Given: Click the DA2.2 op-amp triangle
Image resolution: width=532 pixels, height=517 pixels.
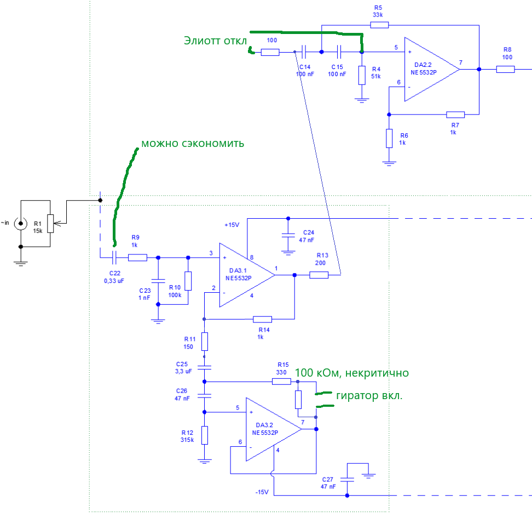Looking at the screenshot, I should click(x=430, y=69).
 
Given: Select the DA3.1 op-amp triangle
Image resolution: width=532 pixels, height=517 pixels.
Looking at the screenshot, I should click(x=245, y=275).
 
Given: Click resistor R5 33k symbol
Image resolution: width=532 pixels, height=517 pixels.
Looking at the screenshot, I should click(x=379, y=25).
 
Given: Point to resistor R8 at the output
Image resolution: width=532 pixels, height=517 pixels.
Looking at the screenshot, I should click(x=506, y=69).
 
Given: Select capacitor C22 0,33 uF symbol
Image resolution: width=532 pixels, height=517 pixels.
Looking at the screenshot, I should click(x=114, y=257).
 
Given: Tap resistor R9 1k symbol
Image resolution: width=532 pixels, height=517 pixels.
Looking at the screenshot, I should click(x=137, y=257).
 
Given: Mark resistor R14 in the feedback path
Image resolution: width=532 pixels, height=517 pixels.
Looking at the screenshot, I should click(x=263, y=319).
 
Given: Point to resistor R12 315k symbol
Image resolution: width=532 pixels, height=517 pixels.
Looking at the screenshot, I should click(x=205, y=435).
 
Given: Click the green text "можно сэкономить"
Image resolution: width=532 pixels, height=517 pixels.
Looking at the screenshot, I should click(x=193, y=144).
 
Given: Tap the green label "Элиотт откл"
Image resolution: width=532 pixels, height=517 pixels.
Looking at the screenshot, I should click(x=215, y=41).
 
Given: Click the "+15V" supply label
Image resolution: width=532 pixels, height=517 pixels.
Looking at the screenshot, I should click(x=232, y=225).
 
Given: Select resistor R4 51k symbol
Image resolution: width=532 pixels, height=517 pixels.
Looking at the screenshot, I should click(x=361, y=75).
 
